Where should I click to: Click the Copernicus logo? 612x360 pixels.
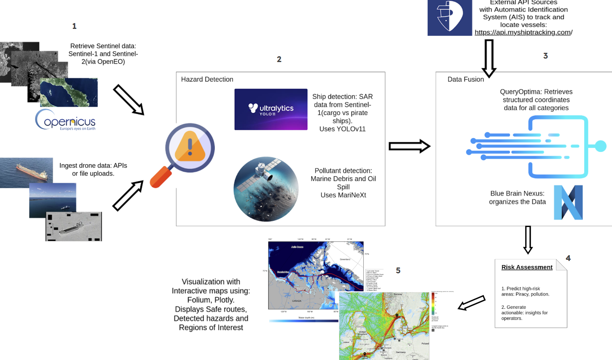[x=66, y=120]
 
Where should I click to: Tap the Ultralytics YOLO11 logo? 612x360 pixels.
[x=271, y=109]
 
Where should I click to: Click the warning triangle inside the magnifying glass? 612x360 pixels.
[x=190, y=146]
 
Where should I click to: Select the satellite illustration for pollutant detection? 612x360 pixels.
[x=266, y=189]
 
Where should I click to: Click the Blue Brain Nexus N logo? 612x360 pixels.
[x=568, y=202]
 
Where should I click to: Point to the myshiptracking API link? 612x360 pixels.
[x=523, y=32]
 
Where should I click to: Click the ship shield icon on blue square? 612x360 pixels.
[x=450, y=17]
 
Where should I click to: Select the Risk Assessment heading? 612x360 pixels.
[x=527, y=267]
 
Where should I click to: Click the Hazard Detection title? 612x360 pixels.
[x=207, y=79]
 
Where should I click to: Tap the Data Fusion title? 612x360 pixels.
[x=465, y=79]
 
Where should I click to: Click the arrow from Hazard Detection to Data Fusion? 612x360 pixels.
[x=409, y=146]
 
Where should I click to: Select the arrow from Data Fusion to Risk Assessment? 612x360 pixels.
[x=528, y=240]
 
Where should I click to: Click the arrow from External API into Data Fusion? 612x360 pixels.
[x=489, y=58]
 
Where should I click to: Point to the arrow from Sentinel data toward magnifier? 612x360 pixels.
[x=129, y=100]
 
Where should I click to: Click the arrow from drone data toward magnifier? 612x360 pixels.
[x=128, y=195]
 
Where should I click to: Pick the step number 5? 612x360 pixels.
[x=398, y=271]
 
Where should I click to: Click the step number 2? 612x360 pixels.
[x=279, y=59]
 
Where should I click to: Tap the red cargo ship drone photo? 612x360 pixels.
[x=26, y=172]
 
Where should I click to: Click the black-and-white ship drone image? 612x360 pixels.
[x=74, y=226]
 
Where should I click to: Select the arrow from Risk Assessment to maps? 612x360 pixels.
[x=472, y=303]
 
